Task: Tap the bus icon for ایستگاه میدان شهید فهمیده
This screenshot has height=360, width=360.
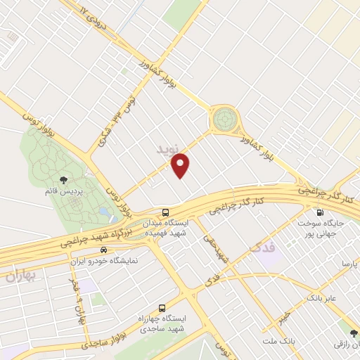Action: [x=165, y=212]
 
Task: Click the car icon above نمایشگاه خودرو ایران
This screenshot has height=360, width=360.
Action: [x=104, y=249]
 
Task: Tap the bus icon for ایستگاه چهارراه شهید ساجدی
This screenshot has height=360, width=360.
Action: [x=162, y=307]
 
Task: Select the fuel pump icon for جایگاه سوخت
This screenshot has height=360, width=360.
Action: [x=320, y=212]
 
